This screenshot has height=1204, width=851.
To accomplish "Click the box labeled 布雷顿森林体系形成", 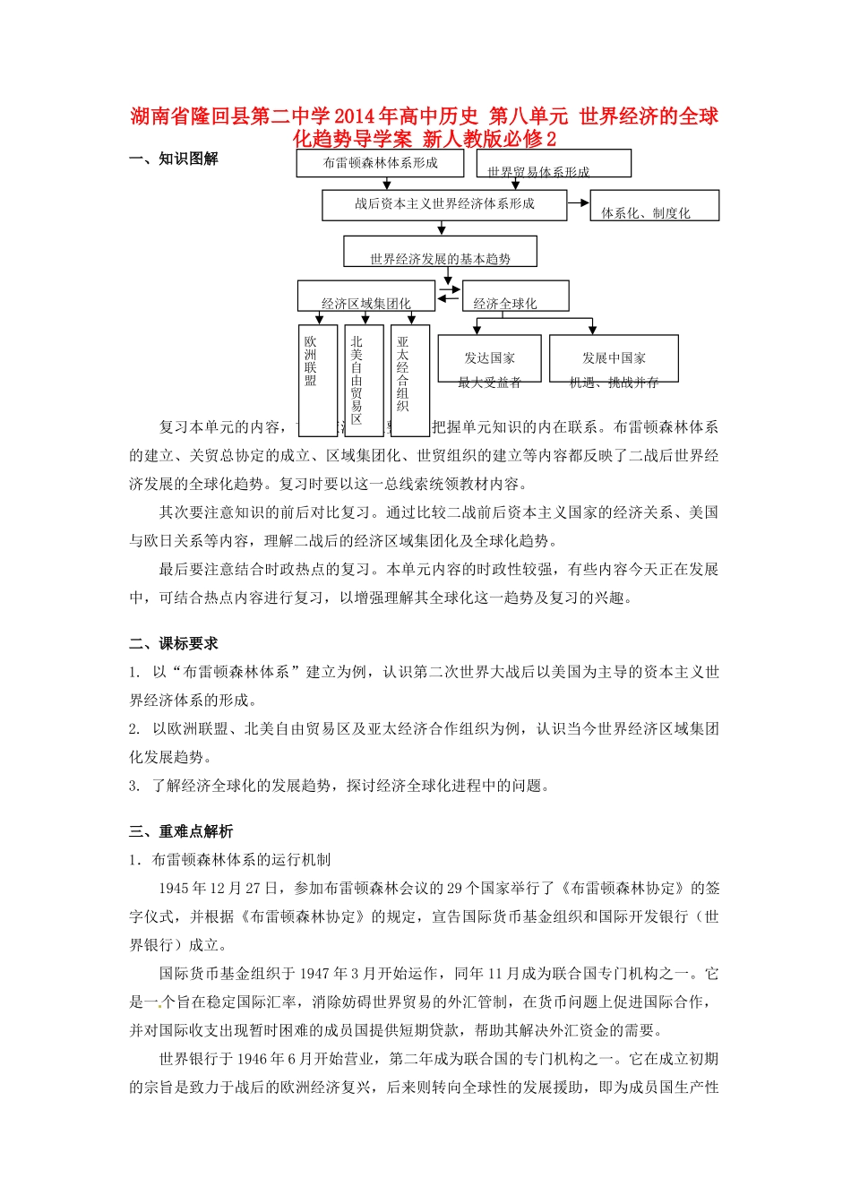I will coord(381,163).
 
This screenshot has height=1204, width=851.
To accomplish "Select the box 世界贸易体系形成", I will coord(554,164).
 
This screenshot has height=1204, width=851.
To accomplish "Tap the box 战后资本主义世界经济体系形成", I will coord(444,204).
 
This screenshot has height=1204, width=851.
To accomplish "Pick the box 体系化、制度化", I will coord(655,206).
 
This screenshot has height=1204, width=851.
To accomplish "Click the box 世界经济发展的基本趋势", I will coord(440,252).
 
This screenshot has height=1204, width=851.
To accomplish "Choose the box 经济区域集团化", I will coord(366,297).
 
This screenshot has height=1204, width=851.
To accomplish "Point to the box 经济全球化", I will coord(515,297).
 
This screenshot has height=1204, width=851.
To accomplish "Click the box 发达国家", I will coord(489,357).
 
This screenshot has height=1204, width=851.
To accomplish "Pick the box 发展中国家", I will coord(614,357).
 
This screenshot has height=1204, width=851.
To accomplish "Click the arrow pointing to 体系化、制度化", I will coord(579,203).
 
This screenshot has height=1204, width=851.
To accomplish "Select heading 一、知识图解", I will coord(174,159).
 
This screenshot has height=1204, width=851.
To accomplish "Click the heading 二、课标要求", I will coord(174,643).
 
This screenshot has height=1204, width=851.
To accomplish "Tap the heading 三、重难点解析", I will coord(181,831).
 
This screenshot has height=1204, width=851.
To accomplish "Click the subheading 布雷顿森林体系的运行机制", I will coord(241,860).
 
